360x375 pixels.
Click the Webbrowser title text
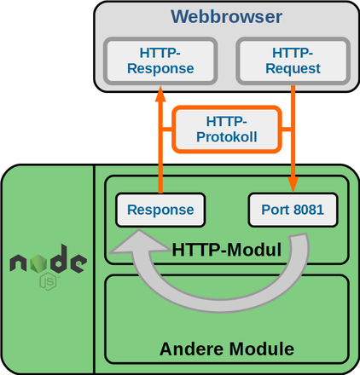click(226, 16)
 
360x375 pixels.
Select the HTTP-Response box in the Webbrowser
click(160, 61)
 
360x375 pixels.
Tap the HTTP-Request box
click(293, 61)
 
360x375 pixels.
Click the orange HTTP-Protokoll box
click(227, 130)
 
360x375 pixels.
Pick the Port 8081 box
click(293, 210)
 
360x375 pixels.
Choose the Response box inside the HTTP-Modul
click(160, 210)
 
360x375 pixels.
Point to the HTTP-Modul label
click(227, 250)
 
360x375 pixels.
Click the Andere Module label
click(227, 349)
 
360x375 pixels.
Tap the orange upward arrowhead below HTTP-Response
click(160, 94)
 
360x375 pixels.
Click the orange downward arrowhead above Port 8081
click(293, 185)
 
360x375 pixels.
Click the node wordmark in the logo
click(49, 258)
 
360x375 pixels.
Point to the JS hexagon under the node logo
click(48, 281)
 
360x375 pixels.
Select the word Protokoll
click(227, 137)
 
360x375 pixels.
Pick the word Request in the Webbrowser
click(293, 69)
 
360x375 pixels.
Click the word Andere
click(191, 349)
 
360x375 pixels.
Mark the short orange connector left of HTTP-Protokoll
click(167, 130)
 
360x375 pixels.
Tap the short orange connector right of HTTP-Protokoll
click(287, 130)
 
